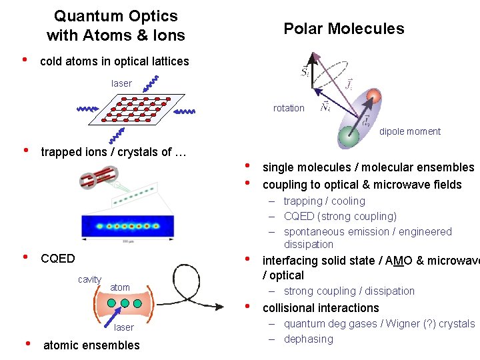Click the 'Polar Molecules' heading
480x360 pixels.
pyautogui.click(x=343, y=29)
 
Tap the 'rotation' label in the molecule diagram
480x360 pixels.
pyautogui.click(x=289, y=108)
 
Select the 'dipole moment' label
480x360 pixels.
pyautogui.click(x=410, y=131)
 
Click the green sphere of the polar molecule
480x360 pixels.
pyautogui.click(x=348, y=137)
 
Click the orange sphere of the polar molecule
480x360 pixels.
pyautogui.click(x=373, y=96)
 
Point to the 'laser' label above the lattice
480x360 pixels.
pyautogui.click(x=121, y=83)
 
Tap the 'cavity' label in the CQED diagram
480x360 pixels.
pyautogui.click(x=89, y=279)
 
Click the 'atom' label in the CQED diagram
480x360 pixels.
pyautogui.click(x=120, y=287)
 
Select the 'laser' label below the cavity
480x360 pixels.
pyautogui.click(x=123, y=327)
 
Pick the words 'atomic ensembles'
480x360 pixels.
pyautogui.click(x=91, y=345)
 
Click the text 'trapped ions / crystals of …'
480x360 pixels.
pyautogui.click(x=113, y=152)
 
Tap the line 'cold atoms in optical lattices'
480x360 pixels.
pyautogui.click(x=115, y=61)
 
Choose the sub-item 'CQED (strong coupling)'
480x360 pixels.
pyautogui.click(x=340, y=216)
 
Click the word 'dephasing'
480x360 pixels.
pyautogui.click(x=309, y=339)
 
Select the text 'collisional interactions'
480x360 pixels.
pyautogui.click(x=321, y=308)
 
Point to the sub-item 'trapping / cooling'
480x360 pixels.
pyautogui.click(x=325, y=201)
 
